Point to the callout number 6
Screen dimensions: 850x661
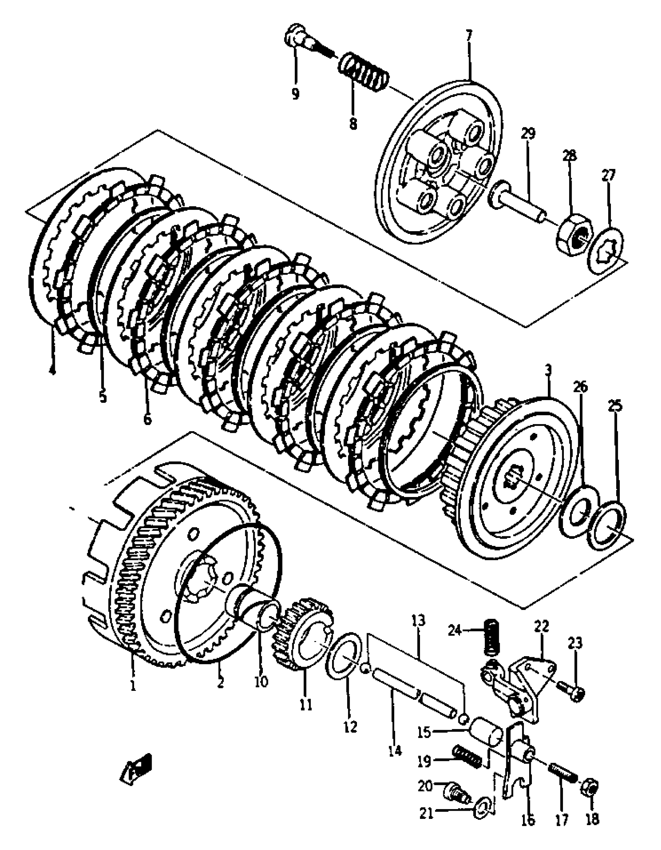(147, 419)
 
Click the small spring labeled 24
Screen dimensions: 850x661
(492, 637)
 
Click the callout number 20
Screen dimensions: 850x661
(425, 786)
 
